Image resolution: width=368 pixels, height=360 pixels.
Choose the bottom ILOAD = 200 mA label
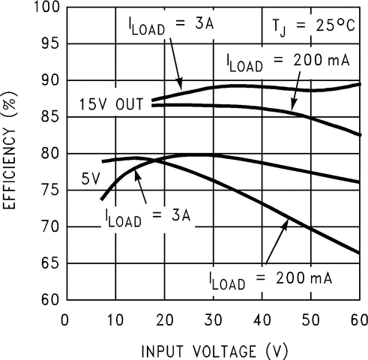click(x=272, y=280)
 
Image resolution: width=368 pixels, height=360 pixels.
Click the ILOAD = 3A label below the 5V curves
click(x=147, y=216)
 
